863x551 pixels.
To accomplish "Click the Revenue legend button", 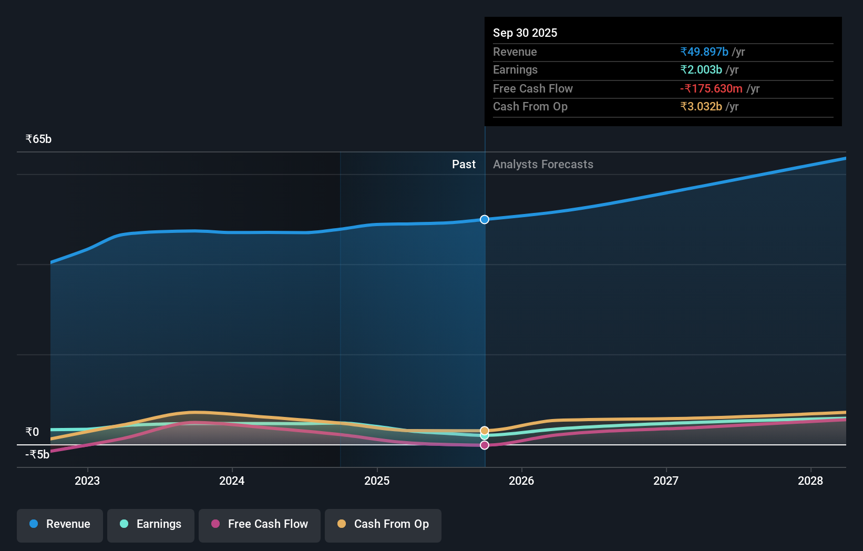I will [x=60, y=525].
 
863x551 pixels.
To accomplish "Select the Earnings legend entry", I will [x=151, y=525].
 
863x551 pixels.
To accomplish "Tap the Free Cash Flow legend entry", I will [x=260, y=525].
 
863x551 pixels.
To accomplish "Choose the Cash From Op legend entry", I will [x=383, y=525].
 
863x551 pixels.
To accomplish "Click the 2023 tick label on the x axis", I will [x=87, y=481].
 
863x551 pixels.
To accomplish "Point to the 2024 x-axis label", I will [x=232, y=481].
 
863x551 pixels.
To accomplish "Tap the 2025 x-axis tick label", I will [x=377, y=481].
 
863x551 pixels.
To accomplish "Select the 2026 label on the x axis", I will [x=521, y=481].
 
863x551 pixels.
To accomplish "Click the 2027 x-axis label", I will [x=666, y=481].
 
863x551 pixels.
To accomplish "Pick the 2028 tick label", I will [x=810, y=481].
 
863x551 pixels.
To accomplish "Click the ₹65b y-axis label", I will [x=38, y=139].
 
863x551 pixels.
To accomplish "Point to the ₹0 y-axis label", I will [x=32, y=432].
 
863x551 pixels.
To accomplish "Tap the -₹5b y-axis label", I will [x=37, y=455].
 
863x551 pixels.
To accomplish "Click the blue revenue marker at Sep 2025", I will [x=485, y=219].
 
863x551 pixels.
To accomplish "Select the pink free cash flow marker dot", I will [x=485, y=445].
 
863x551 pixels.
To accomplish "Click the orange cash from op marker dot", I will [x=485, y=431].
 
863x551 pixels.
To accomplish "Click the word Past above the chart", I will [x=464, y=165].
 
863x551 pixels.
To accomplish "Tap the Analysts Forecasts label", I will [x=543, y=165].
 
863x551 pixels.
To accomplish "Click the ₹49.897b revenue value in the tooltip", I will [x=704, y=52].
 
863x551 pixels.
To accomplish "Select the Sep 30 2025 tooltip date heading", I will [x=525, y=33].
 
